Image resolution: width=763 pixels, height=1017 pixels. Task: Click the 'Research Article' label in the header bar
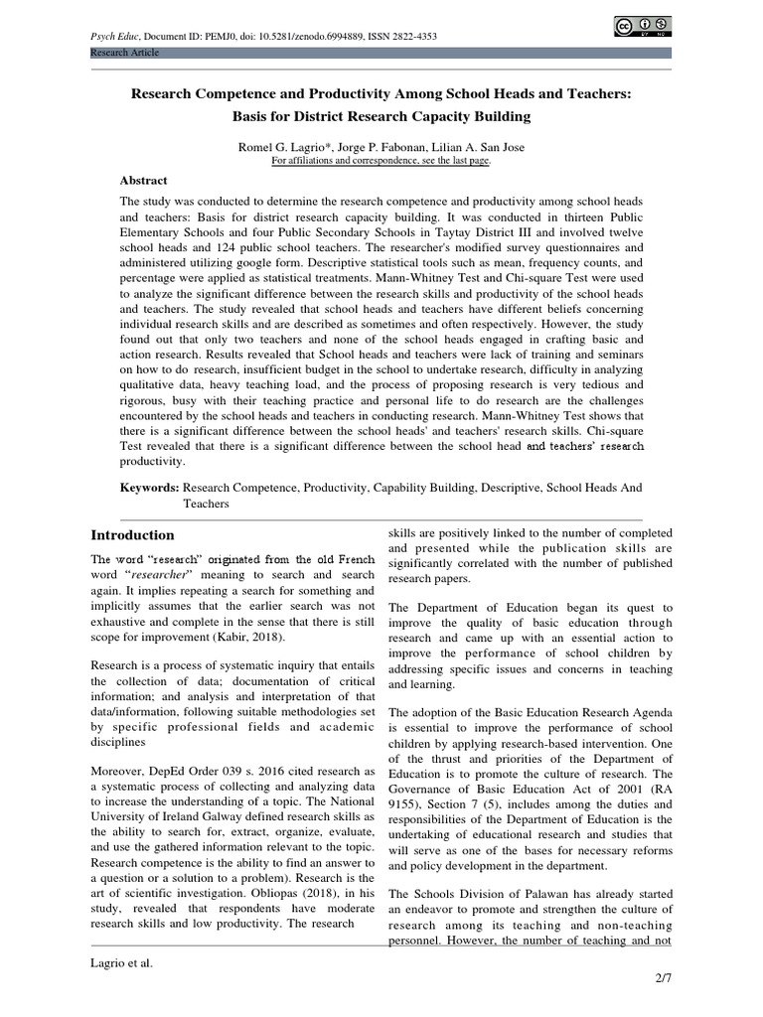tap(125, 52)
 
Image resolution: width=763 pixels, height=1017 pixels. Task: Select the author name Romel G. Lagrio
tap(282, 146)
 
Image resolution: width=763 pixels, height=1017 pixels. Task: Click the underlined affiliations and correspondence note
tap(381, 159)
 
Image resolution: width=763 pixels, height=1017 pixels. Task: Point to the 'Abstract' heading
tap(144, 181)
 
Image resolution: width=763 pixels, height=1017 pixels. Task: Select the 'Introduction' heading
tap(133, 535)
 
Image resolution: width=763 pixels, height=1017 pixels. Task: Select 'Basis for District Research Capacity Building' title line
tap(381, 116)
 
